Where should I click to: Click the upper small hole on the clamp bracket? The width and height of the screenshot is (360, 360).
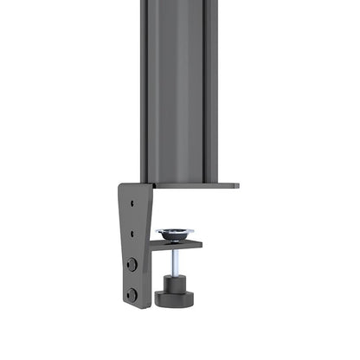point(132,203)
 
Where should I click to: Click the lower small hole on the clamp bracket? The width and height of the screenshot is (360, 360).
point(132,231)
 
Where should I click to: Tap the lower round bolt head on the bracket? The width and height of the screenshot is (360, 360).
point(132,293)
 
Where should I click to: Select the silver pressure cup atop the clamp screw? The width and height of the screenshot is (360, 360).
point(176,234)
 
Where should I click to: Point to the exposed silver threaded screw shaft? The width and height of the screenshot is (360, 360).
point(176,264)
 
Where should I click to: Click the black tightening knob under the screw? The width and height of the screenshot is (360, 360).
point(176,291)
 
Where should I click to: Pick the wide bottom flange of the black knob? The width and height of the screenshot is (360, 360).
point(176,300)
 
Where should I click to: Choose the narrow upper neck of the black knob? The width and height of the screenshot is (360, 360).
point(176,281)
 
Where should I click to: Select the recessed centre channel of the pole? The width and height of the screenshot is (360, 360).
point(177,87)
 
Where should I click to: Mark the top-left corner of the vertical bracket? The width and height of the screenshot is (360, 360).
point(120,185)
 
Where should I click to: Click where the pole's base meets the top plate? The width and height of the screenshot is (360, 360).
point(177,181)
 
